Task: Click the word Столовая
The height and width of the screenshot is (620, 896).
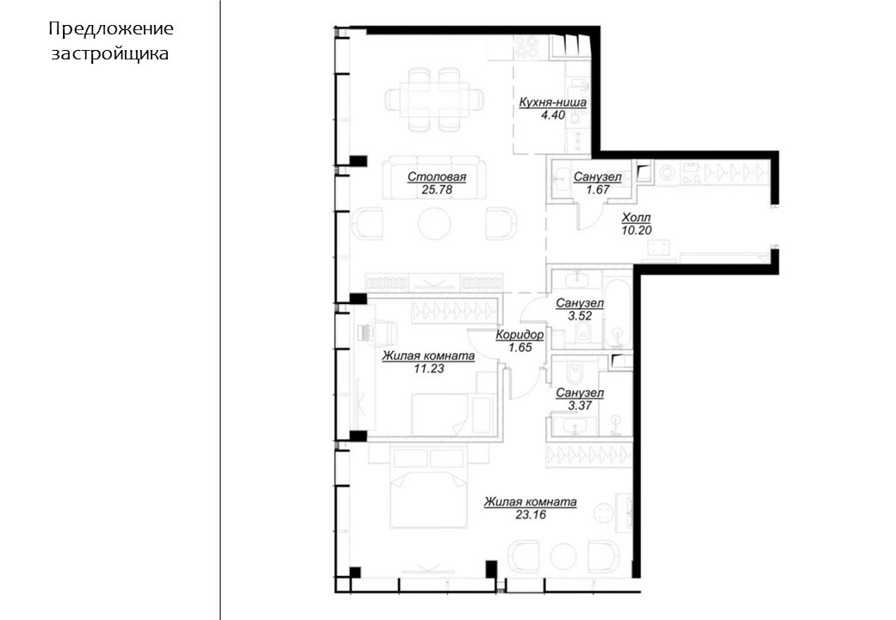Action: pyautogui.click(x=437, y=177)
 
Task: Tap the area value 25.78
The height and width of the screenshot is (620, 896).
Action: pyautogui.click(x=437, y=190)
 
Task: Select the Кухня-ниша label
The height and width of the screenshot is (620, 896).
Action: pyautogui.click(x=552, y=102)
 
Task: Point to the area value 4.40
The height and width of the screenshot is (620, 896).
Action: pyautogui.click(x=553, y=115)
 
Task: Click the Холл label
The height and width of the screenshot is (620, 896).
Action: pyautogui.click(x=636, y=218)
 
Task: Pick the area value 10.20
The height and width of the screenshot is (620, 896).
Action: pyautogui.click(x=636, y=230)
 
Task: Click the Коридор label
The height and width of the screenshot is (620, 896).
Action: pyautogui.click(x=520, y=335)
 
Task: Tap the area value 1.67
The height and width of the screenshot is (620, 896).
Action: pyautogui.click(x=598, y=189)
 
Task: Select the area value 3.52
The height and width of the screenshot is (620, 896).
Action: pyautogui.click(x=580, y=316)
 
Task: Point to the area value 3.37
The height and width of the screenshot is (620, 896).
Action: pyautogui.click(x=580, y=406)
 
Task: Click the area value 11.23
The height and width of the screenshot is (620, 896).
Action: pyautogui.click(x=428, y=369)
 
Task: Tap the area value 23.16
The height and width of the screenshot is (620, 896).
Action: pyautogui.click(x=531, y=514)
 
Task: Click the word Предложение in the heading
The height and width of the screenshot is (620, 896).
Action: pyautogui.click(x=111, y=28)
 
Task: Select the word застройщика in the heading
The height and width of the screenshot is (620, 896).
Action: pyautogui.click(x=110, y=53)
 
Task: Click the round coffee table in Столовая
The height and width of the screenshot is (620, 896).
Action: pyautogui.click(x=434, y=223)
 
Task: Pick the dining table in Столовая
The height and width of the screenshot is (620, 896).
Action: pyautogui.click(x=434, y=97)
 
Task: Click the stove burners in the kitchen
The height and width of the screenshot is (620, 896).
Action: pyautogui.click(x=526, y=47)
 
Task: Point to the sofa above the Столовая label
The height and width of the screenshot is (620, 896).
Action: pyautogui.click(x=434, y=178)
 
